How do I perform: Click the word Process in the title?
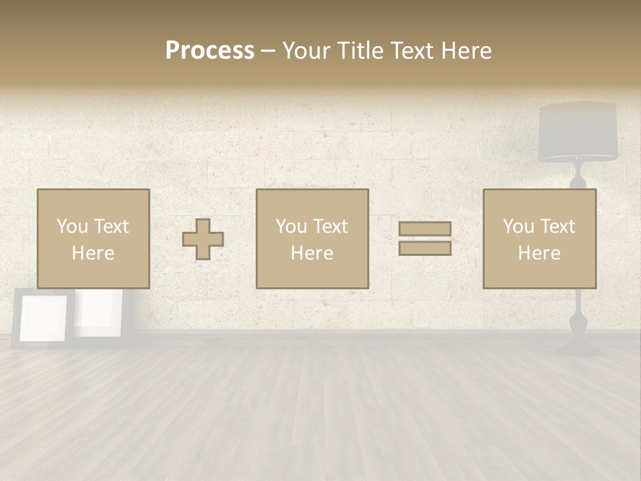(x=210, y=51)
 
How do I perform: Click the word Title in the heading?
(x=361, y=51)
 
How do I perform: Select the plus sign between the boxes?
(x=203, y=239)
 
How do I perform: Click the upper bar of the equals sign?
(x=425, y=228)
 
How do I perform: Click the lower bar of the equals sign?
(x=425, y=248)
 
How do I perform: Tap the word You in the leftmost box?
(x=71, y=226)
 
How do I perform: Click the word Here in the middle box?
(x=312, y=253)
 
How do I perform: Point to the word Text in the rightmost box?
(x=558, y=226)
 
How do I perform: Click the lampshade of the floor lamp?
(x=578, y=132)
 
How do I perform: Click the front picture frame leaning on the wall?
(x=43, y=319)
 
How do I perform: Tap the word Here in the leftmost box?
(x=93, y=253)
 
